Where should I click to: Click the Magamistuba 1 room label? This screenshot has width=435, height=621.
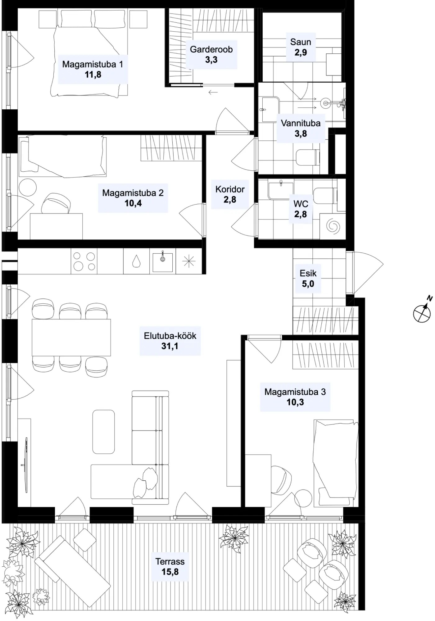coord(93,64)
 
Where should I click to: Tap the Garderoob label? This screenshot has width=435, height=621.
coord(211,49)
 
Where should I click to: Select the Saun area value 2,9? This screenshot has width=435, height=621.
coord(301,52)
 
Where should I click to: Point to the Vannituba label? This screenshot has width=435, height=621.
coord(301,123)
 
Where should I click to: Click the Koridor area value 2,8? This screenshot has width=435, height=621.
coord(230,200)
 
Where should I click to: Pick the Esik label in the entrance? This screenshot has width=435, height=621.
coord(308,274)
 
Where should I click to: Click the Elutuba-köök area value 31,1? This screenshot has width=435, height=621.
coord(170,346)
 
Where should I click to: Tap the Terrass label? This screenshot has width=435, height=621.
coord(170,562)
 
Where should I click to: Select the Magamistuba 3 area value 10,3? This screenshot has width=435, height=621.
coord(295,402)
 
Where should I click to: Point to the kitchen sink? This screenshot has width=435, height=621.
coord(162,261)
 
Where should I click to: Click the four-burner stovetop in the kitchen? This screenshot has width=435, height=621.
coord(84,261)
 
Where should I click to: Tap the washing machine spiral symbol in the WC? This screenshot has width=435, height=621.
coord(333,226)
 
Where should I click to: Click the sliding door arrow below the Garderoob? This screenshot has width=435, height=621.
coord(213,92)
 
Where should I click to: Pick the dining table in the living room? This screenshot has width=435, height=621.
coord(71,337)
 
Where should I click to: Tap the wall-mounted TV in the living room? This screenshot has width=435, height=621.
coord(26,465)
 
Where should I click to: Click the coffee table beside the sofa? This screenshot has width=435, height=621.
coord(103,432)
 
